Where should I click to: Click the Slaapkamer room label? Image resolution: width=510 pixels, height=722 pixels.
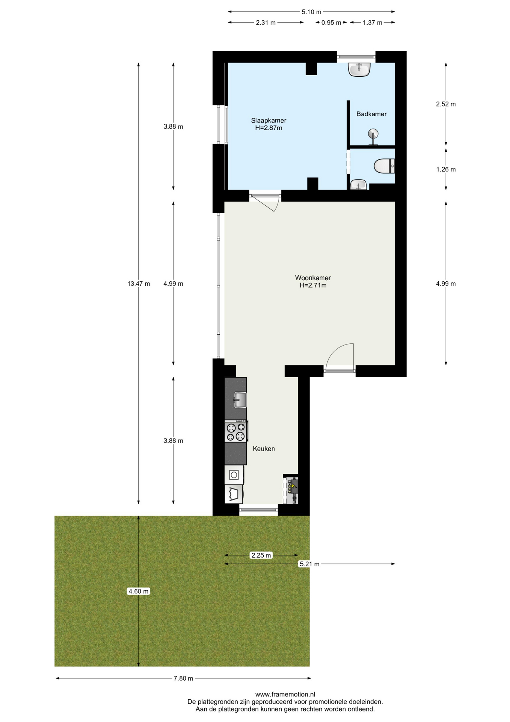click(x=269, y=120)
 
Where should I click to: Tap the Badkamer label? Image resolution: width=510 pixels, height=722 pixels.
click(x=371, y=114)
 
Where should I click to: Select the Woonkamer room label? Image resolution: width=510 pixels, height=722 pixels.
click(x=313, y=278)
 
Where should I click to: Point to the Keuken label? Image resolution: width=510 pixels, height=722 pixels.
click(x=264, y=449)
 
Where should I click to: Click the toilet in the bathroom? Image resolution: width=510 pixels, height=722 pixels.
click(x=384, y=166)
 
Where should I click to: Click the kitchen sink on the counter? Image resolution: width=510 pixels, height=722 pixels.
click(x=240, y=399)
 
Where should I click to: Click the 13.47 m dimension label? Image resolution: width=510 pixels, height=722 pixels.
click(x=139, y=284)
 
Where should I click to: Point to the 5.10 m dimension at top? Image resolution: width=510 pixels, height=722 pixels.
click(x=311, y=12)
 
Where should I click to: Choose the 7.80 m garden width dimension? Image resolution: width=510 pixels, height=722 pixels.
click(x=183, y=678)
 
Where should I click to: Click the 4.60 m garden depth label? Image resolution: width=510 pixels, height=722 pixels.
click(x=139, y=592)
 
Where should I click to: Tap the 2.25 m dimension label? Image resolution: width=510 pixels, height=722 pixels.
click(x=261, y=555)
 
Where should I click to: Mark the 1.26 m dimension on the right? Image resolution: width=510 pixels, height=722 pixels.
click(x=446, y=170)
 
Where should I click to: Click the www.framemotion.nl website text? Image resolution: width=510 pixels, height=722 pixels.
click(x=285, y=695)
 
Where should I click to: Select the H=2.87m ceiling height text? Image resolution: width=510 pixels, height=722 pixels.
click(x=269, y=128)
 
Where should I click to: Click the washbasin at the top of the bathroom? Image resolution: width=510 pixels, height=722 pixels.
click(x=359, y=70)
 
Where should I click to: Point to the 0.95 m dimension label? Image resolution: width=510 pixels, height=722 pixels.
click(x=331, y=23)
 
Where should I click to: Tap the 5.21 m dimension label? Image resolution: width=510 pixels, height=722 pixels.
click(x=309, y=564)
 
